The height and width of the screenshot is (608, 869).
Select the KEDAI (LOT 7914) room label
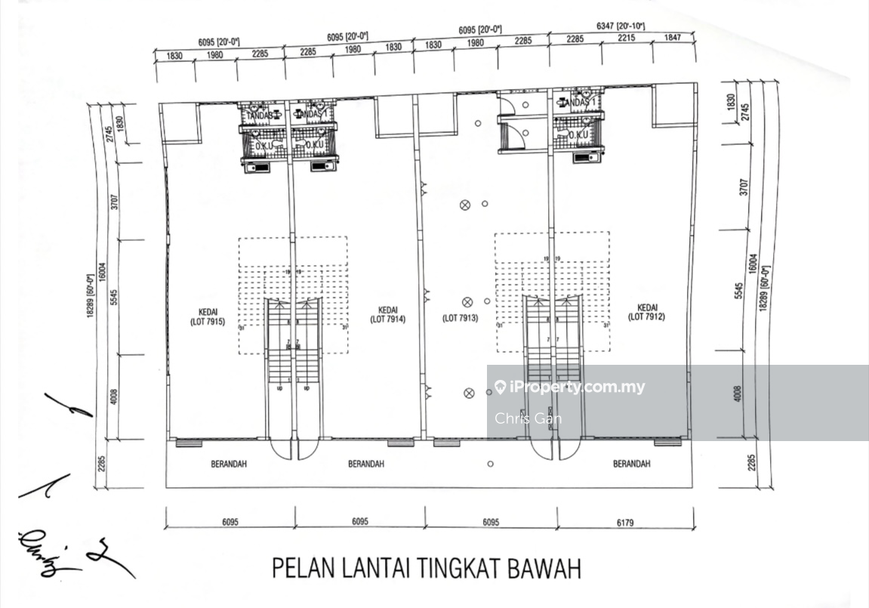point(388,314)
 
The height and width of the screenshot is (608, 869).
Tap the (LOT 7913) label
point(461,319)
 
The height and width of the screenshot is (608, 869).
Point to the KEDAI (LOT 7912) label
point(646,313)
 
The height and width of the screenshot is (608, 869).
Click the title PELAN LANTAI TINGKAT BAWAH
point(427,568)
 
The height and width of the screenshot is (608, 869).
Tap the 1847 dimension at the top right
point(672,38)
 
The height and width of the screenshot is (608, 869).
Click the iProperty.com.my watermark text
point(578,387)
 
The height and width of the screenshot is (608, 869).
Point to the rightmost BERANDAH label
point(631,464)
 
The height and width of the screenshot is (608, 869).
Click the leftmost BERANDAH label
point(229,464)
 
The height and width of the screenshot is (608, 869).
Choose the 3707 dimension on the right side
point(744,188)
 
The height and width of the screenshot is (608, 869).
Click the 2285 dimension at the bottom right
point(750,462)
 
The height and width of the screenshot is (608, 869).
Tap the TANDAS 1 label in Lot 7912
point(583,102)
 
